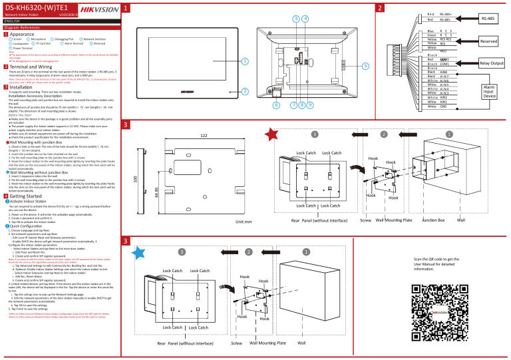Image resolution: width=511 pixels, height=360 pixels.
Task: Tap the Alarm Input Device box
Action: (x=489, y=90)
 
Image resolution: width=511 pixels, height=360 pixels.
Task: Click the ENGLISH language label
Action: (x=14, y=20)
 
